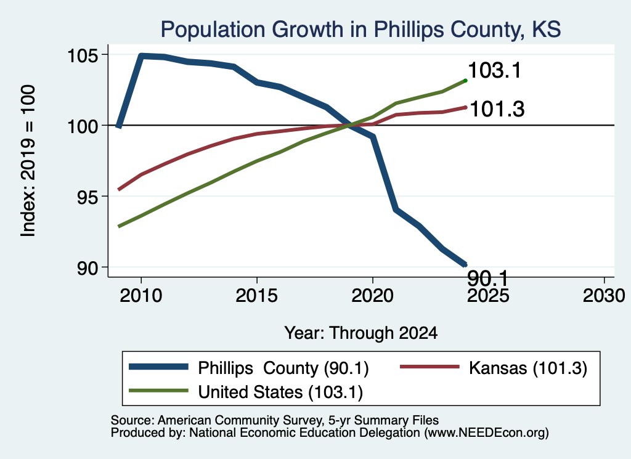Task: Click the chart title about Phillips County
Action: point(360,30)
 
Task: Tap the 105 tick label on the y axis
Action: point(83,55)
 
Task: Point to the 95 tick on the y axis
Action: point(88,197)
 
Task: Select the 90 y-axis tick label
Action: point(88,267)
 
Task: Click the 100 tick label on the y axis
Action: point(83,126)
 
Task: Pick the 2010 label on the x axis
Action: point(141,296)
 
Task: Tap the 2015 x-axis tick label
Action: point(256,296)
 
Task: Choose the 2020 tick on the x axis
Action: point(373,296)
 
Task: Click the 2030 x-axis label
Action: point(604,296)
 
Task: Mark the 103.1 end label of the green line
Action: point(495,70)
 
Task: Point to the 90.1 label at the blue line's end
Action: point(488,278)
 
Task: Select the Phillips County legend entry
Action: point(249,368)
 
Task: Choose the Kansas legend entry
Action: point(494,368)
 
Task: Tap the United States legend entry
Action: point(245,392)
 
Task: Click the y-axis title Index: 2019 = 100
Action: point(28,161)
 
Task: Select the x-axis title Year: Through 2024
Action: point(361,333)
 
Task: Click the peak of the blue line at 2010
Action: point(141,55)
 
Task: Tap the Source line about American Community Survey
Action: point(274,420)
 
